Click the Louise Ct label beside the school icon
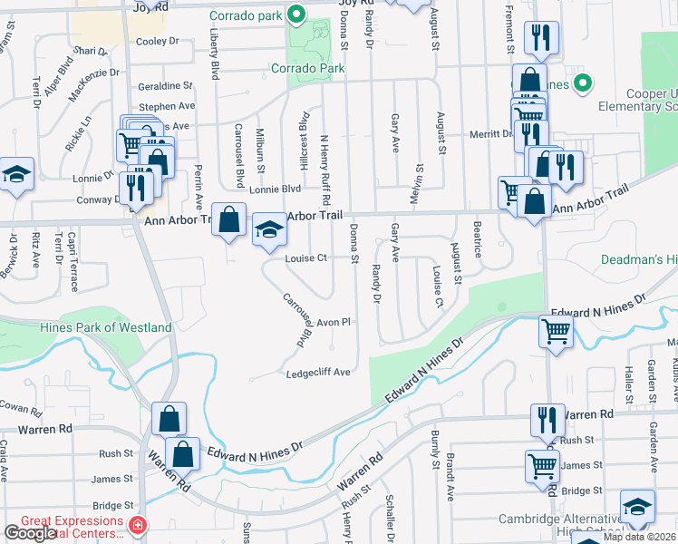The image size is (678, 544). coord(305,257)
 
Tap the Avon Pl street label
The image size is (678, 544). coord(333,322)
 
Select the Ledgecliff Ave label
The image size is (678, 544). coord(318,373)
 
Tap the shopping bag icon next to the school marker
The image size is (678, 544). coord(229,220)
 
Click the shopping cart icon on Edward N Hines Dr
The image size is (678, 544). coord(556,331)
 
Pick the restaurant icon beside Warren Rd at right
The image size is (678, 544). coord(547,421)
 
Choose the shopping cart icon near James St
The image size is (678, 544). coord(542,467)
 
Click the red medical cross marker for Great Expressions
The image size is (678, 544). coord(137,525)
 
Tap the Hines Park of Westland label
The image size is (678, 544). coord(106,327)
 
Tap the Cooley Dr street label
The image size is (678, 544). coord(158,41)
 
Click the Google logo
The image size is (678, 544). coord(30,533)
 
